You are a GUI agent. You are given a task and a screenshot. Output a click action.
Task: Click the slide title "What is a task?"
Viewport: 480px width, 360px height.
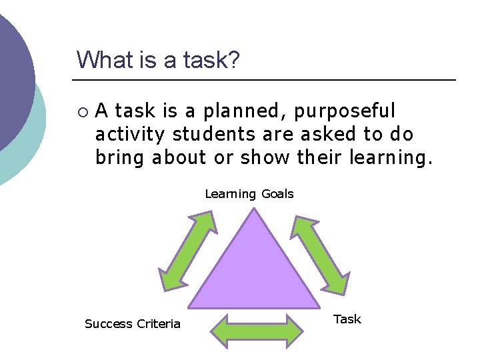[x=158, y=59]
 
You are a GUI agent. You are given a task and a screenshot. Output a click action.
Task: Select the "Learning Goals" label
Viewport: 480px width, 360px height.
[x=249, y=194]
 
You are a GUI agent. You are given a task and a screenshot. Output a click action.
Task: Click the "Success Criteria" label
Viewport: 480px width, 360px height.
[x=133, y=324]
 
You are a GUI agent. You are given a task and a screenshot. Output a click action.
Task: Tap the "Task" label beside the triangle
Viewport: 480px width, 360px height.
[x=347, y=319]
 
